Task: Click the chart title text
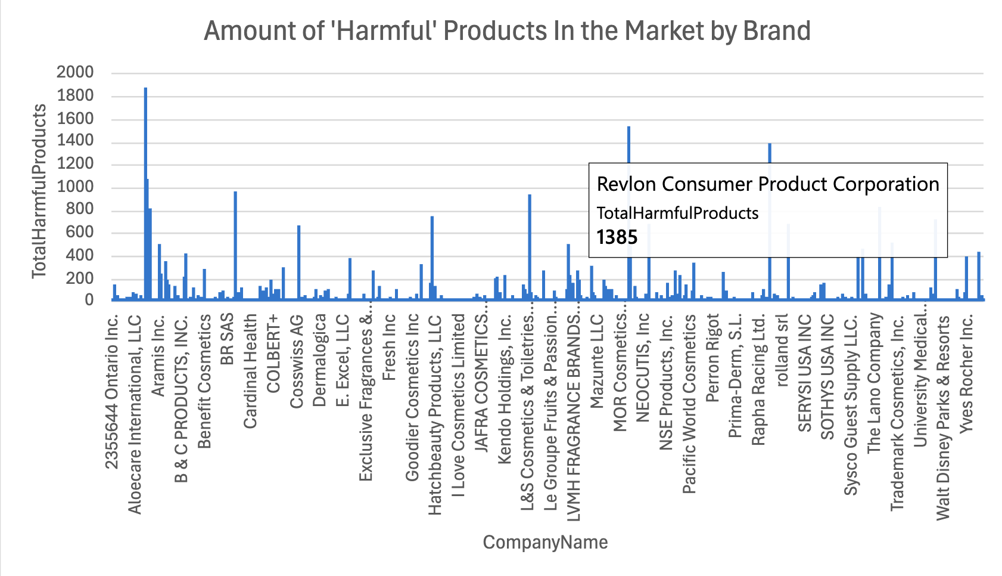click(507, 31)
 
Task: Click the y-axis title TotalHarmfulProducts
click(39, 191)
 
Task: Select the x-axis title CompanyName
click(545, 542)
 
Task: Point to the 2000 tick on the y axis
click(75, 72)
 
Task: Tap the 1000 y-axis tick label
click(75, 187)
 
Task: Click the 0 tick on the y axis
click(89, 300)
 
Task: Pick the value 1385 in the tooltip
click(617, 237)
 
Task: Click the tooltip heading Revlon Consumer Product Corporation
click(768, 184)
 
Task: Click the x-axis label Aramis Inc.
click(158, 355)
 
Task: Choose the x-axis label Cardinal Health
click(250, 371)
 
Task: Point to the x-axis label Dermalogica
click(320, 360)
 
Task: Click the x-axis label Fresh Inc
click(389, 348)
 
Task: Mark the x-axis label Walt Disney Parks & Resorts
click(943, 417)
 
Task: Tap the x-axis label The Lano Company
click(874, 383)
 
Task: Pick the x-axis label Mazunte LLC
click(597, 361)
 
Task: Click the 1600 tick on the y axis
click(75, 118)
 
